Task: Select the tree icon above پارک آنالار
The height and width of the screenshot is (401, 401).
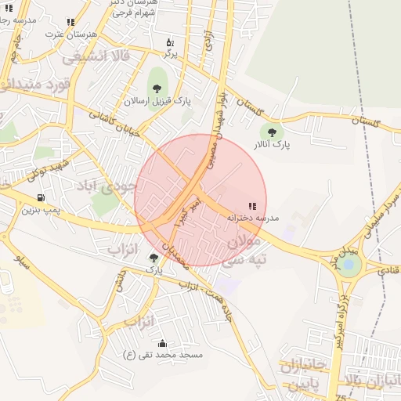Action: click(272, 133)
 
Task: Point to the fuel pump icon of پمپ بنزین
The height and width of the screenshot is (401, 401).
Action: click(40, 197)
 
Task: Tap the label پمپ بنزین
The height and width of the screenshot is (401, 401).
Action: click(40, 210)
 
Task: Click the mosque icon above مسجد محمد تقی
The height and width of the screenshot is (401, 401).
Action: click(162, 343)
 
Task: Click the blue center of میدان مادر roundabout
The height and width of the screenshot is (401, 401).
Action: click(349, 264)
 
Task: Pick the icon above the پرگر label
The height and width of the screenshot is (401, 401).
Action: click(170, 42)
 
